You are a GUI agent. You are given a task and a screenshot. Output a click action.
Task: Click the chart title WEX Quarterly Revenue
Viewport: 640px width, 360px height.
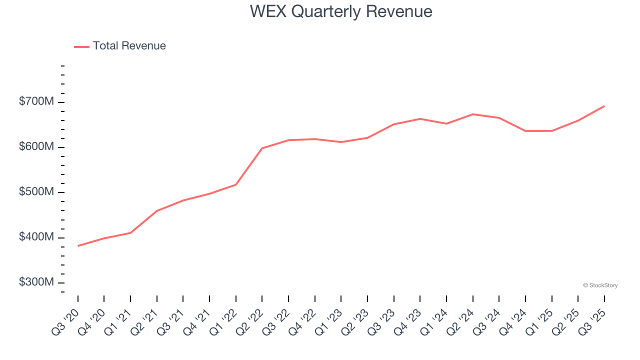[341, 11]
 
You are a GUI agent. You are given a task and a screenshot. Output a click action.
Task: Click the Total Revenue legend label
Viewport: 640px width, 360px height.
[129, 46]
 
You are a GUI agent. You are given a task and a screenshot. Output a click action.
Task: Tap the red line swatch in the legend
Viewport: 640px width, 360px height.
[81, 46]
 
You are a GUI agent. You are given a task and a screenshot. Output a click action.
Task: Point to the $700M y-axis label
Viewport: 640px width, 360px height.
[36, 102]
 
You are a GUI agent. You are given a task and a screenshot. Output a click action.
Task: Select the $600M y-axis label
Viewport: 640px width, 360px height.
[36, 147]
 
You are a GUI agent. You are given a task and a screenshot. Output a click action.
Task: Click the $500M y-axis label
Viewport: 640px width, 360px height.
[36, 192]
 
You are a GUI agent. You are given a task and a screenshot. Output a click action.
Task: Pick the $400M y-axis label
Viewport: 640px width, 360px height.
[36, 237]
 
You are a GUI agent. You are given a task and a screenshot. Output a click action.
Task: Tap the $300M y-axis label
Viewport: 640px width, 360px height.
[36, 282]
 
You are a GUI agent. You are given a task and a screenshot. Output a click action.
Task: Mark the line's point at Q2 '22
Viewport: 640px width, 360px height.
[262, 148]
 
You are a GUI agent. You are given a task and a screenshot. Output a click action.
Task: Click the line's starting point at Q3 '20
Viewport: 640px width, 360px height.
[78, 245]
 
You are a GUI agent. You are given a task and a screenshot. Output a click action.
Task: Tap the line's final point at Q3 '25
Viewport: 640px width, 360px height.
[604, 106]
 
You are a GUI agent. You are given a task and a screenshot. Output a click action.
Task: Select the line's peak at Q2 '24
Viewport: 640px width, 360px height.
[472, 114]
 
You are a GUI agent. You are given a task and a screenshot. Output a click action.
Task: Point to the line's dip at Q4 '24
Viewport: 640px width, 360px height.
[525, 131]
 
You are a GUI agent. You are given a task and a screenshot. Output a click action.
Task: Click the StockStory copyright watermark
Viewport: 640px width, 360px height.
[600, 285]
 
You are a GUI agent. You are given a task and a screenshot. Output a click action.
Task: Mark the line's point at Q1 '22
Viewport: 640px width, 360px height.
[236, 184]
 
